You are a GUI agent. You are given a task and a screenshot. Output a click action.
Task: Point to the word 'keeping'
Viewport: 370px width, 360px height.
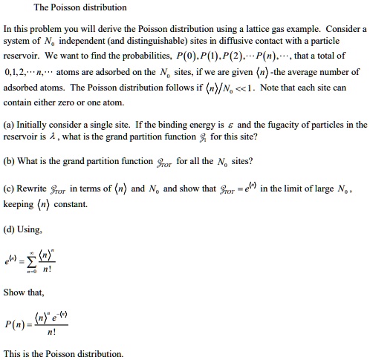(x=20, y=203)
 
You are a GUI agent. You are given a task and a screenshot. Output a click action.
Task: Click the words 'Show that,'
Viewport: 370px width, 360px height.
(x=24, y=292)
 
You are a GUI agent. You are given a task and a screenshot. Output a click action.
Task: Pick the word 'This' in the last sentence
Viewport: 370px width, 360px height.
(x=13, y=353)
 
